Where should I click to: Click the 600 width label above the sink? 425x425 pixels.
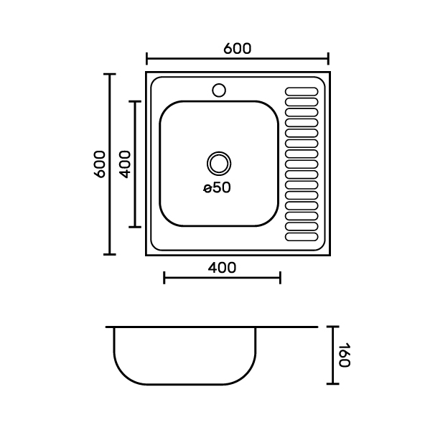tap(238, 49)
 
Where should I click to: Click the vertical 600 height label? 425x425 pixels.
tap(100, 164)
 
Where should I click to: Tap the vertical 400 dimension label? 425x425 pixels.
tap(125, 164)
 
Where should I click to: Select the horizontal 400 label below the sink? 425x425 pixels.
tap(222, 268)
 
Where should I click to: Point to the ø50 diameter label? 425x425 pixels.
tap(217, 187)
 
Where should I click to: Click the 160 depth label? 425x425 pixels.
tap(344, 355)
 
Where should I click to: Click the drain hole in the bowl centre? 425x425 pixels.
tap(219, 164)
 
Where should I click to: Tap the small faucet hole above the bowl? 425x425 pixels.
tap(219, 90)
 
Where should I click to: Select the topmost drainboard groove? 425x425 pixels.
tap(302, 92)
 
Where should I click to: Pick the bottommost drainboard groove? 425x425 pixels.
tap(302, 237)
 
